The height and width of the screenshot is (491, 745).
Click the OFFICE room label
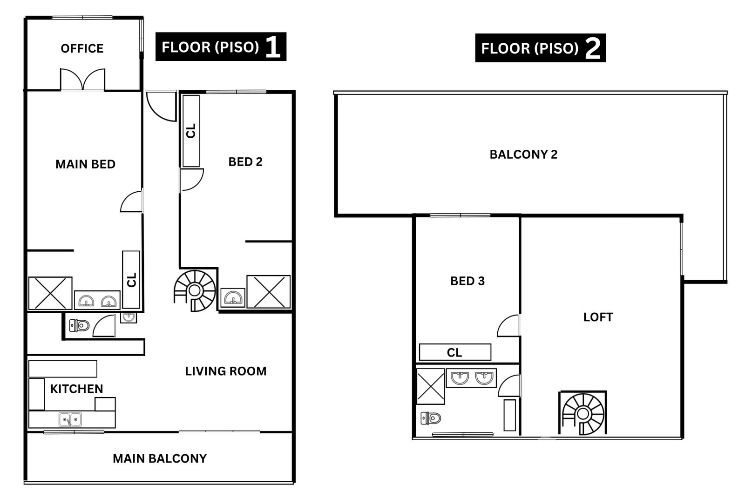82,48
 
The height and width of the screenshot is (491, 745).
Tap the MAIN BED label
86,164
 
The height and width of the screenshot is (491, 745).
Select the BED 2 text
245,162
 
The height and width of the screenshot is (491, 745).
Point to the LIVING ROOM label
226,371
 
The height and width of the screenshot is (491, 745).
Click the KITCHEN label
76,389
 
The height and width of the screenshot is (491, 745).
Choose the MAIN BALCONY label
160,459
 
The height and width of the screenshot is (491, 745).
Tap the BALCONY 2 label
523,155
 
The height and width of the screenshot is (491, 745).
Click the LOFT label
598,317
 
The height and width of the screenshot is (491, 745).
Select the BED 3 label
467,281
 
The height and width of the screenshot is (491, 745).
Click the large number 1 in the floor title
273,47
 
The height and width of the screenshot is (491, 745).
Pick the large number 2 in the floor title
592,48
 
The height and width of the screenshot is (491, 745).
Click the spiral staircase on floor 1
195,291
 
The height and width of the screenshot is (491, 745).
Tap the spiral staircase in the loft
582,414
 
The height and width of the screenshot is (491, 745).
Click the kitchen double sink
70,419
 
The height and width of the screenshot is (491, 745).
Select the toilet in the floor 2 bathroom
431,418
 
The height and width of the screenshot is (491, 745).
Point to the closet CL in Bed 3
455,352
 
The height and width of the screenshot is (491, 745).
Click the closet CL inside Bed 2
191,131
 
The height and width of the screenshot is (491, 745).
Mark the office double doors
82,80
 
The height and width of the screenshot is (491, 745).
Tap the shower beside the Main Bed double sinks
50,293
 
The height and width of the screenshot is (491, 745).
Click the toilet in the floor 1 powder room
79,325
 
